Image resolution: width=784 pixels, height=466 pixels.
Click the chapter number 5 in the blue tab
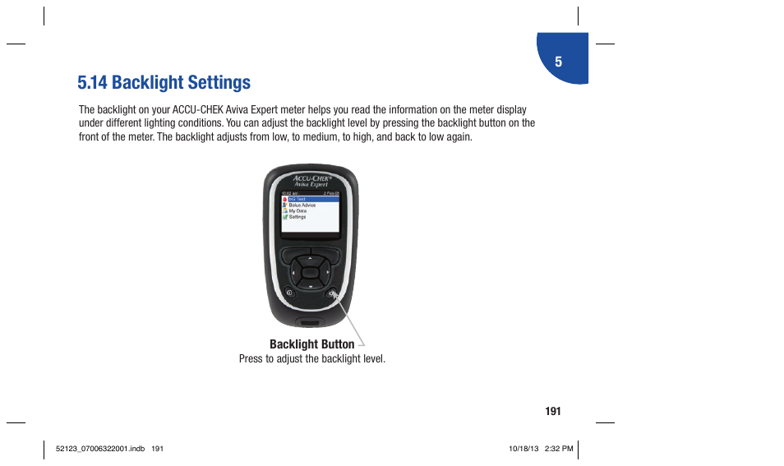pos(558,62)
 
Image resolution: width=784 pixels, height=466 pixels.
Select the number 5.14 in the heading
pos(92,82)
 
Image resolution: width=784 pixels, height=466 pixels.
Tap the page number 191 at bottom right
pos(552,411)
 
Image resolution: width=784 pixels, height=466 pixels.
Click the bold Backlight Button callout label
pos(311,344)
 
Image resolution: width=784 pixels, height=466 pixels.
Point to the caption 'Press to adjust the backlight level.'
pos(311,359)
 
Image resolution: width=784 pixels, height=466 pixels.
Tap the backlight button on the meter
pos(331,294)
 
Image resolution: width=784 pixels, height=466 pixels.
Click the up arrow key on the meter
pos(310,256)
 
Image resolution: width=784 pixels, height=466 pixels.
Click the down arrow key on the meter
pos(310,285)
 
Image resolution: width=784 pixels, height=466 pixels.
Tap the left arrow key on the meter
pos(292,270)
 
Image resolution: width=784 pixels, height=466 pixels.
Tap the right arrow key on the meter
pos(328,270)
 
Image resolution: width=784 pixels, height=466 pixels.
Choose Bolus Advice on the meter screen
pos(302,205)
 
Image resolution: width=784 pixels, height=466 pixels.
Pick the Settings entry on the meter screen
pos(297,217)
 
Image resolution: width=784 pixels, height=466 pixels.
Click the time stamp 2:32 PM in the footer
pos(558,449)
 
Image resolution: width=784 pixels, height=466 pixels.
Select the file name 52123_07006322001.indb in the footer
pos(92,449)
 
